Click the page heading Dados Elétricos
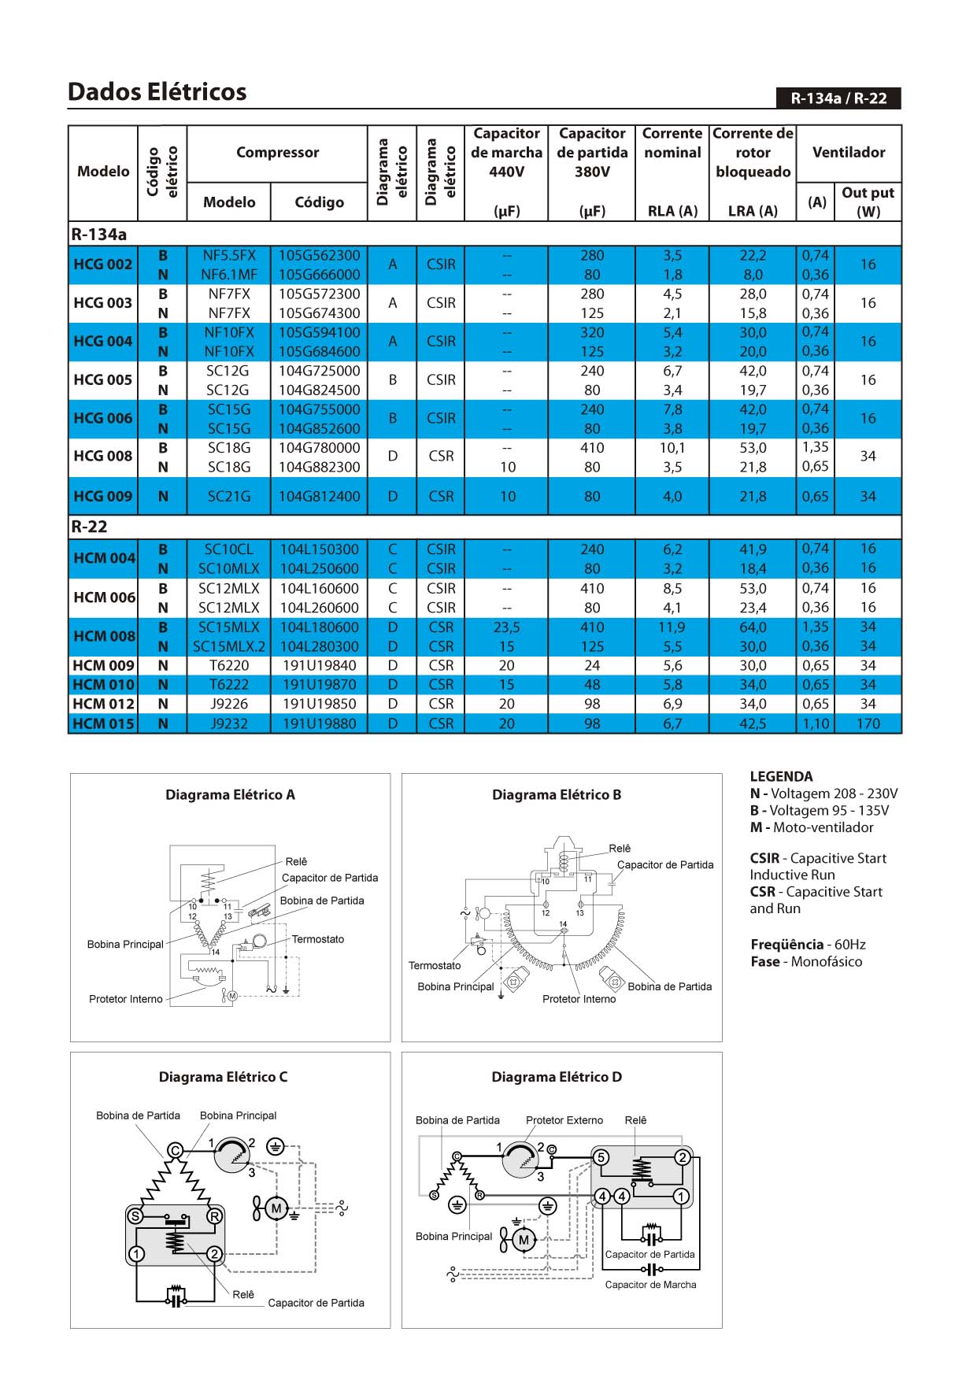(157, 92)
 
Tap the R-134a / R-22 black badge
(838, 98)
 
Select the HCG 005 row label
(102, 380)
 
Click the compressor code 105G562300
(319, 256)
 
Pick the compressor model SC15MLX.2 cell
(229, 646)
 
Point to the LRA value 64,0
(753, 627)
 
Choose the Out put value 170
(868, 723)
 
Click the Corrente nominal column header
(672, 143)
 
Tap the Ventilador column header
(849, 153)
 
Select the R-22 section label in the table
(89, 527)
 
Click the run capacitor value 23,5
(507, 627)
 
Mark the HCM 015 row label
(103, 723)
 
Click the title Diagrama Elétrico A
(230, 795)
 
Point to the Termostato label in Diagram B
(435, 966)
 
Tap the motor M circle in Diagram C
(276, 1208)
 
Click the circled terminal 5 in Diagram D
(601, 1157)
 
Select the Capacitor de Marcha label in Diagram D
(650, 1285)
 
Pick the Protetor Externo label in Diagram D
(564, 1120)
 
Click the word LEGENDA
(781, 776)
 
